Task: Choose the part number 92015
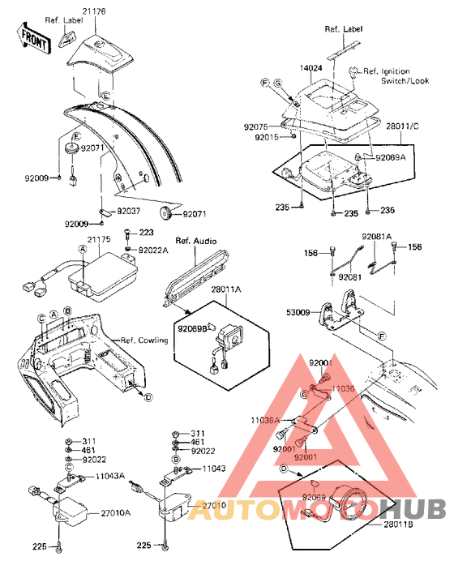point(266,138)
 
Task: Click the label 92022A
point(154,251)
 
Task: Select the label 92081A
point(378,237)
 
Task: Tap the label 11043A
point(111,477)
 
